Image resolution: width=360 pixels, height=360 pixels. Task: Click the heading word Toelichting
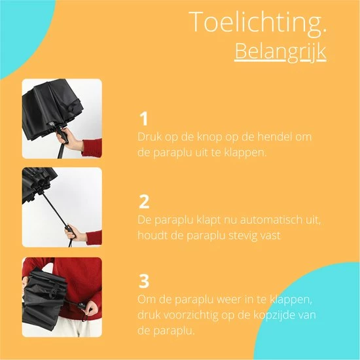[x=257, y=22]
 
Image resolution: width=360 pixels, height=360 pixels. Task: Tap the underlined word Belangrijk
[x=280, y=51]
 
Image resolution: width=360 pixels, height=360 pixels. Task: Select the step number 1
[x=143, y=120]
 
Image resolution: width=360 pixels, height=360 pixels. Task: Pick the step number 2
[x=145, y=201]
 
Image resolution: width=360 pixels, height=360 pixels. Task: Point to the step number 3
[x=145, y=281]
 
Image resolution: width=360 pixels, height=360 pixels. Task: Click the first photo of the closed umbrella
[x=62, y=118]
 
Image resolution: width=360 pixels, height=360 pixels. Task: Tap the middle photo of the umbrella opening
[x=62, y=207]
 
